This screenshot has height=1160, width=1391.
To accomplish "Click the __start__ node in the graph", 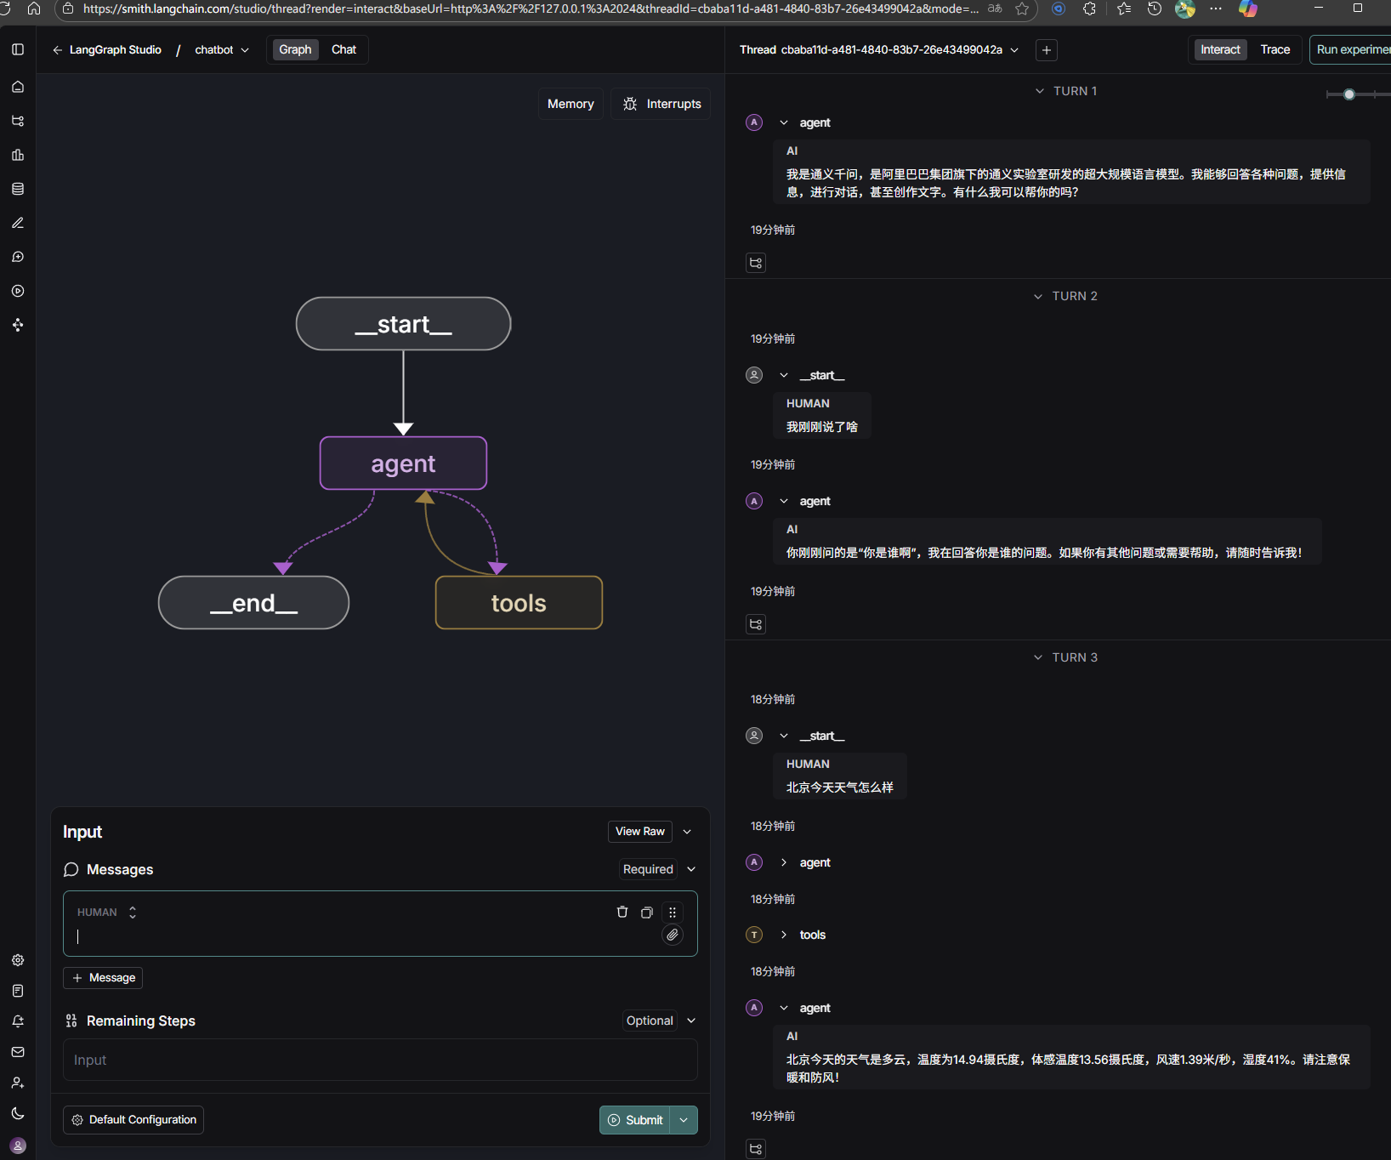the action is coord(403,324).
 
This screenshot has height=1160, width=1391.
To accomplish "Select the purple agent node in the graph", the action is coord(403,463).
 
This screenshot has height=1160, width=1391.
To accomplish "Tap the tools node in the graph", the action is coord(519,603).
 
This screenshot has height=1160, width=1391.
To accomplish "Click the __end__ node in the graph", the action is coord(253,603).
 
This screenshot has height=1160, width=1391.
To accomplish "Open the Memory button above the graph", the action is coord(571,104).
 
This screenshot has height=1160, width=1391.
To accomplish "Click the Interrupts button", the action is coord(661,104).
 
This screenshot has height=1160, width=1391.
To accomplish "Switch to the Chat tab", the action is coord(343,49).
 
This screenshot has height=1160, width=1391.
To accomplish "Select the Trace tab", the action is coord(1275,49).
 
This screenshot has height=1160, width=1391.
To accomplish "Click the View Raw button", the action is coord(640,832).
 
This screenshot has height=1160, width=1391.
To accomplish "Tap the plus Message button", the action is coord(103,978).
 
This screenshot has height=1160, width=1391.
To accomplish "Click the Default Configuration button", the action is coord(133,1120).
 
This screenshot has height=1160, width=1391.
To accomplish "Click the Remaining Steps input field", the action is coord(380,1060).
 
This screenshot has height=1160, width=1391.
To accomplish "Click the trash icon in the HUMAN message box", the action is coord(622,912).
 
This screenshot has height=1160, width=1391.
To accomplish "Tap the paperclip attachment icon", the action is coord(673,935).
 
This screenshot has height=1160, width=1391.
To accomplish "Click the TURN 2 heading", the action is coord(1075,296).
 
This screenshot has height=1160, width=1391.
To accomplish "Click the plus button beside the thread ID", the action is coord(1047,50).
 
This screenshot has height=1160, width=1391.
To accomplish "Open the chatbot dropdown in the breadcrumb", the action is coord(222,50).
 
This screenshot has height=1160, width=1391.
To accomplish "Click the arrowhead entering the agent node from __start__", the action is coord(403,429).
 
